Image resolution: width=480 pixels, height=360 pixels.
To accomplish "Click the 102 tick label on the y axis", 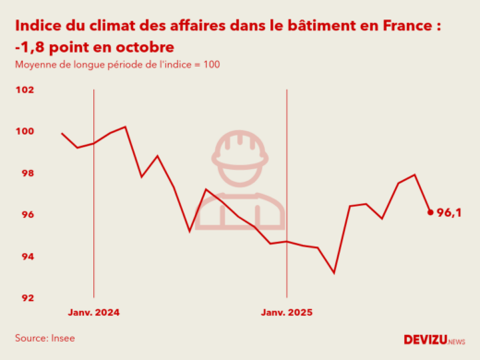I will coord(25,90).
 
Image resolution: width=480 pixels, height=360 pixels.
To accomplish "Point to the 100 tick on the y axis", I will coord(25,132).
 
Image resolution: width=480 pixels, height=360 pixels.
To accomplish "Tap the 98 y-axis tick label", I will coord(27,174).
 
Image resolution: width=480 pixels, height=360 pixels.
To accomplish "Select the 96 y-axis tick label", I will coord(27,215).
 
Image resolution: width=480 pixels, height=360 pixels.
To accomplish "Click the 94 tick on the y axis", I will coord(27,257).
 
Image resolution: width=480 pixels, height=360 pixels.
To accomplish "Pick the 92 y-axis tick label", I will coord(27,298).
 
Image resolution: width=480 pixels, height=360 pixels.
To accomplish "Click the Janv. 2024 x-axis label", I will coord(94,313).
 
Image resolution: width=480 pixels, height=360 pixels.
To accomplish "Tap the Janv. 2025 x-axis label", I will coord(287,313).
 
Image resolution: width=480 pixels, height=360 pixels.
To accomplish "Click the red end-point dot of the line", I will coord(430,212).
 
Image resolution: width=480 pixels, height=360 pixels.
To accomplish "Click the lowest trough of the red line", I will coord(334,273).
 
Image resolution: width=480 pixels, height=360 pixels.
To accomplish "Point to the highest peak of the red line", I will coord(126,126).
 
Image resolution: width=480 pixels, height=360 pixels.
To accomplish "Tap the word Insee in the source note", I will coord(62,338).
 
